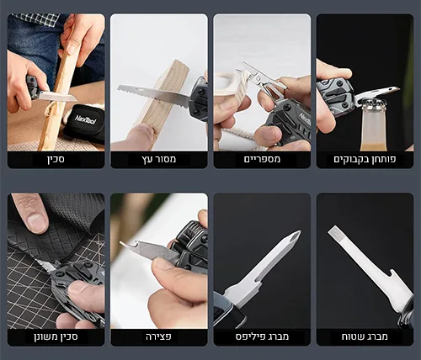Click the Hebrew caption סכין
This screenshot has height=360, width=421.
tap(56, 159)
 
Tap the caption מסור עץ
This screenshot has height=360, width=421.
tap(159, 159)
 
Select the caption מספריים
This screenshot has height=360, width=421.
tap(262, 159)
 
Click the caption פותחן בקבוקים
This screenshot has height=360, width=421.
tap(365, 159)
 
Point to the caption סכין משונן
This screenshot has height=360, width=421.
tap(56, 336)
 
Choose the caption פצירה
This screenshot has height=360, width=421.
tap(158, 336)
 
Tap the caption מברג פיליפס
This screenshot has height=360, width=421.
tap(262, 336)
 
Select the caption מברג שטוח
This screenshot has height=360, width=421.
tap(365, 336)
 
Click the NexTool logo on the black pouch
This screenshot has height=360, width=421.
tap(86, 119)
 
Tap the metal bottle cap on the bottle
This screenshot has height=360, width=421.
tap(373, 104)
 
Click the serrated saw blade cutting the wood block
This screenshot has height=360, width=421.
tap(153, 95)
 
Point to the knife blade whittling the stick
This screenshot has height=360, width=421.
tap(57, 96)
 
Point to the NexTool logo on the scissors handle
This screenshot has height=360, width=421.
tap(306, 119)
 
